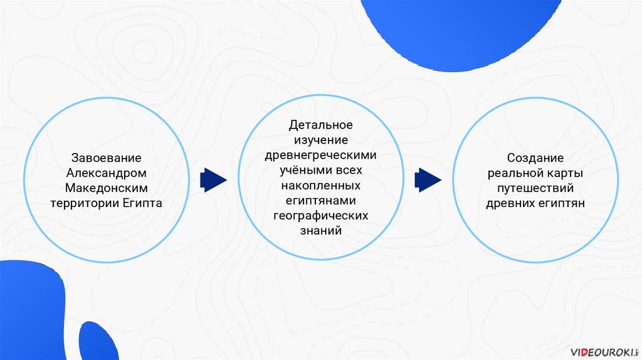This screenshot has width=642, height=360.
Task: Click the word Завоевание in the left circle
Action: tap(106, 157)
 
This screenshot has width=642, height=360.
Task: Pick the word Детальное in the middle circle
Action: tap(320, 125)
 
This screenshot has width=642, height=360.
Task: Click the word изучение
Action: tap(320, 140)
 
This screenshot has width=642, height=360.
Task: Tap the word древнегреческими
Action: tap(320, 156)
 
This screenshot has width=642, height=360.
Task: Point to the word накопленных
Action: tap(320, 186)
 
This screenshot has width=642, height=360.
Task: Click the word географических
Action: tap(320, 216)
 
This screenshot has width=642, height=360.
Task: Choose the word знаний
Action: tap(320, 231)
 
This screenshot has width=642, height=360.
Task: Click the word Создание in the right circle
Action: tap(535, 158)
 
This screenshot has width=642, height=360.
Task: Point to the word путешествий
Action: tap(535, 188)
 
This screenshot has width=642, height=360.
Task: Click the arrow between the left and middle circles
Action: tap(213, 180)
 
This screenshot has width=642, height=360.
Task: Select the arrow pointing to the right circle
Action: tap(428, 180)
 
